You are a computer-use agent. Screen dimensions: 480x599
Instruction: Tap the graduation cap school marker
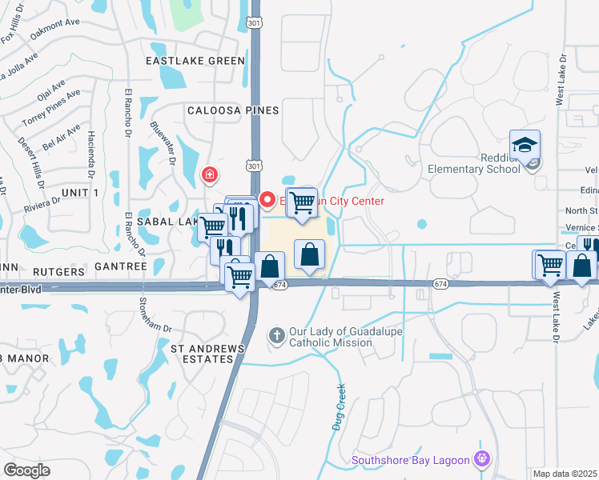[x=525, y=145]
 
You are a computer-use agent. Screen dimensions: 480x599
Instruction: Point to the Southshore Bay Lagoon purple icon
[x=480, y=459]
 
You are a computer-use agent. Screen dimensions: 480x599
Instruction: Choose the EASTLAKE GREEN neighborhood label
[x=195, y=61]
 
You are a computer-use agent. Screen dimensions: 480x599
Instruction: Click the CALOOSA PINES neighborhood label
[x=232, y=110]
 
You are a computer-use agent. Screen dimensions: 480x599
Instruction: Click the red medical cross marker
[x=210, y=174]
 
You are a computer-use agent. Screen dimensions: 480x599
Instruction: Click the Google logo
[x=27, y=470]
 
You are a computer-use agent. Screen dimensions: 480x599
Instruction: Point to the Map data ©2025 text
[x=565, y=474]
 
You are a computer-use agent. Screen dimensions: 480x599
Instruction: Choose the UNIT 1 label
[x=79, y=194]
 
